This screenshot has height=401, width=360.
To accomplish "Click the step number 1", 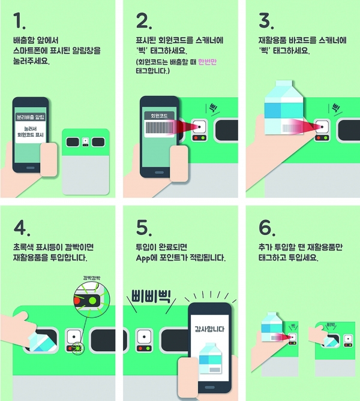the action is point(19,21).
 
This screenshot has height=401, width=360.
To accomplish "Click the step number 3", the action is point(266,21).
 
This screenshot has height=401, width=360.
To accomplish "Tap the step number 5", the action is point(144,227).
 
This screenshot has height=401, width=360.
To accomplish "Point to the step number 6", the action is point(267,227).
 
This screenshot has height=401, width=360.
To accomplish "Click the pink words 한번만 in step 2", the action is point(208,62).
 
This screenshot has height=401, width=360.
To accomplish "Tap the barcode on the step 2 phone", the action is point(160,128).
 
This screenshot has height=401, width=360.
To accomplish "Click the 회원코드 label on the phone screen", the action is point(159,116).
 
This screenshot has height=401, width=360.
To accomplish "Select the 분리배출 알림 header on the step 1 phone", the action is point(31,117).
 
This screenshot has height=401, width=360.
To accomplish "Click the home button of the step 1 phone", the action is point(31,168).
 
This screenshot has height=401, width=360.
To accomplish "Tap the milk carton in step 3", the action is point(284,107).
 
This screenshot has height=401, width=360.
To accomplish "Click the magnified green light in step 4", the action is point(92,300).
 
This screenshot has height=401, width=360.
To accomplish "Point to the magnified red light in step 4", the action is point(77,300).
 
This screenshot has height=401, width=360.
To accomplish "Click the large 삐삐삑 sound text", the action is point(151,296).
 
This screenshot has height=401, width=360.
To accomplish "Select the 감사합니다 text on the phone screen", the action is point(209,329).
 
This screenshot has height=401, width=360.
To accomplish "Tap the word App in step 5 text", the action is point(143,258).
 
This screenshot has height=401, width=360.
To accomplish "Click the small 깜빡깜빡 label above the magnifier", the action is point(92,278).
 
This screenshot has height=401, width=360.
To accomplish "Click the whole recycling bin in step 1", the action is point(86,162).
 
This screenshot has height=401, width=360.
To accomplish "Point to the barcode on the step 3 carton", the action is point(292,128).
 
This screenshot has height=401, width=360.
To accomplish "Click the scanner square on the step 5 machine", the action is point(144,336).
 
